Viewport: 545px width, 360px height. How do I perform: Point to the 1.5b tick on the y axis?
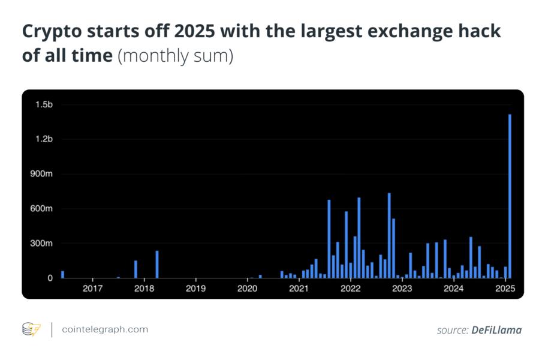click(x=44, y=104)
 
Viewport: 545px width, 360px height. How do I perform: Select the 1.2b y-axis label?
click(x=44, y=139)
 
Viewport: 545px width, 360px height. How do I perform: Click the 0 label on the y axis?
click(x=50, y=278)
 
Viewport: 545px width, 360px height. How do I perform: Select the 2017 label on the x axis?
click(x=92, y=289)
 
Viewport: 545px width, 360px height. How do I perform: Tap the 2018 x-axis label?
click(x=144, y=289)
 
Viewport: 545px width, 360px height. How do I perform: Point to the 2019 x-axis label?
click(x=195, y=289)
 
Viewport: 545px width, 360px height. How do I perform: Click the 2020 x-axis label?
click(x=247, y=289)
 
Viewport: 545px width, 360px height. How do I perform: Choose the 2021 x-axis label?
click(x=299, y=289)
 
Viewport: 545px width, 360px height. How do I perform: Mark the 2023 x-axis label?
click(x=402, y=289)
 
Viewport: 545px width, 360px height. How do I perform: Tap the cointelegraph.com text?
click(x=105, y=329)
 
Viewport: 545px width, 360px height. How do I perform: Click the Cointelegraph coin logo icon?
click(x=31, y=329)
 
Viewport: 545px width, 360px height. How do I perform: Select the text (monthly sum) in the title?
click(x=175, y=56)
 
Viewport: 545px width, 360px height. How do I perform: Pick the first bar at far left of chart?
click(x=62, y=275)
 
